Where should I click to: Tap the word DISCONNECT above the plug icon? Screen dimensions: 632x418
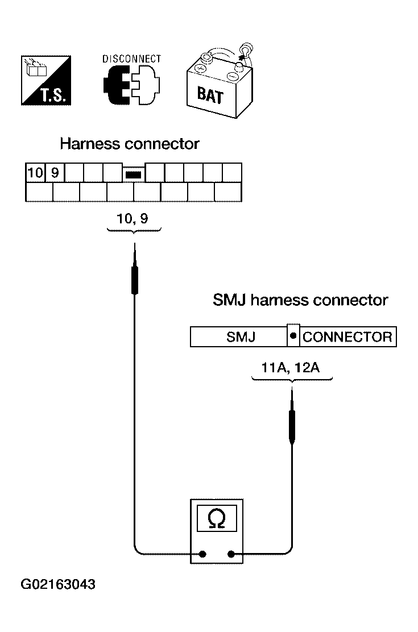(x=131, y=59)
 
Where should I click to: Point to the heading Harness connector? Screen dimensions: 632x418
(x=130, y=144)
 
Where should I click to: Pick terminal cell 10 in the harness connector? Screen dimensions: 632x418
(x=35, y=172)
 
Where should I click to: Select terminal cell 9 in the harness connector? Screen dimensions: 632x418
(x=55, y=172)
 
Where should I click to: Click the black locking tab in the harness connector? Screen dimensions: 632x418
(x=133, y=174)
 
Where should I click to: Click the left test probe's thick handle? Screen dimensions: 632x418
(x=135, y=278)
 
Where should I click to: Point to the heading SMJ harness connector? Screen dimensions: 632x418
(x=300, y=300)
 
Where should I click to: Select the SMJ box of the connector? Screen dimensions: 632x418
(x=239, y=337)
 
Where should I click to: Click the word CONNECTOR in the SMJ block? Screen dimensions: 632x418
(x=347, y=337)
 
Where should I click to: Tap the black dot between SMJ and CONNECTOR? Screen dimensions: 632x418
(x=293, y=336)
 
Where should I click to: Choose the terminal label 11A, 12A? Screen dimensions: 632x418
(x=291, y=367)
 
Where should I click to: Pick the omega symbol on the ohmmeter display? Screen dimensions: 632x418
(x=217, y=518)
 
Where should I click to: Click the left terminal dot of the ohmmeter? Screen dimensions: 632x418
(x=204, y=554)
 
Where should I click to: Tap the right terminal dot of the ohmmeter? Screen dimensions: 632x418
(x=231, y=554)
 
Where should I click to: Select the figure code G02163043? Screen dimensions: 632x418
(x=59, y=584)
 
